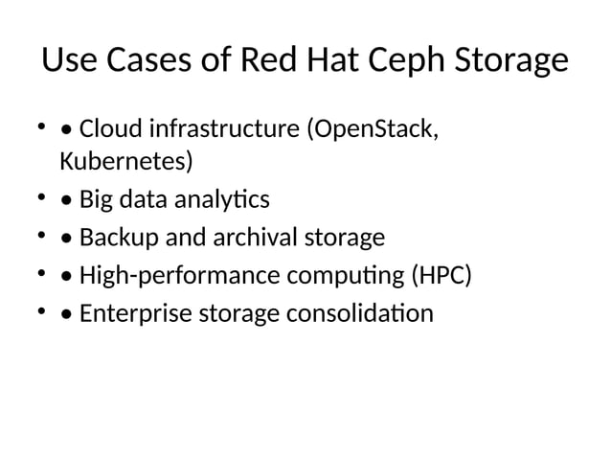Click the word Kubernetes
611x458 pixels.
tap(125, 161)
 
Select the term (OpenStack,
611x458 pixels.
tap(373, 128)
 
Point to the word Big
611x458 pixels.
tap(96, 199)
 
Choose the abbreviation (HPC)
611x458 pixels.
tap(442, 277)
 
